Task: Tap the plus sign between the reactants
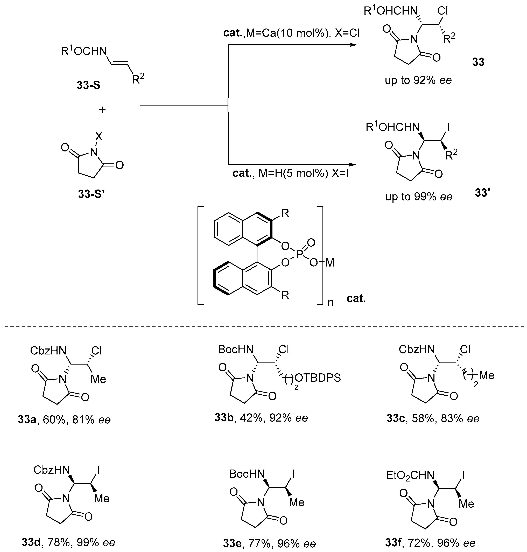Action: [x=102, y=110]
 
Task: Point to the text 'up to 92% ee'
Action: [x=418, y=80]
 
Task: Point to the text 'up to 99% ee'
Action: [x=419, y=197]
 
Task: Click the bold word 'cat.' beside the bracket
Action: [x=356, y=298]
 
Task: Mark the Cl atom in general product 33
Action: [x=442, y=11]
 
